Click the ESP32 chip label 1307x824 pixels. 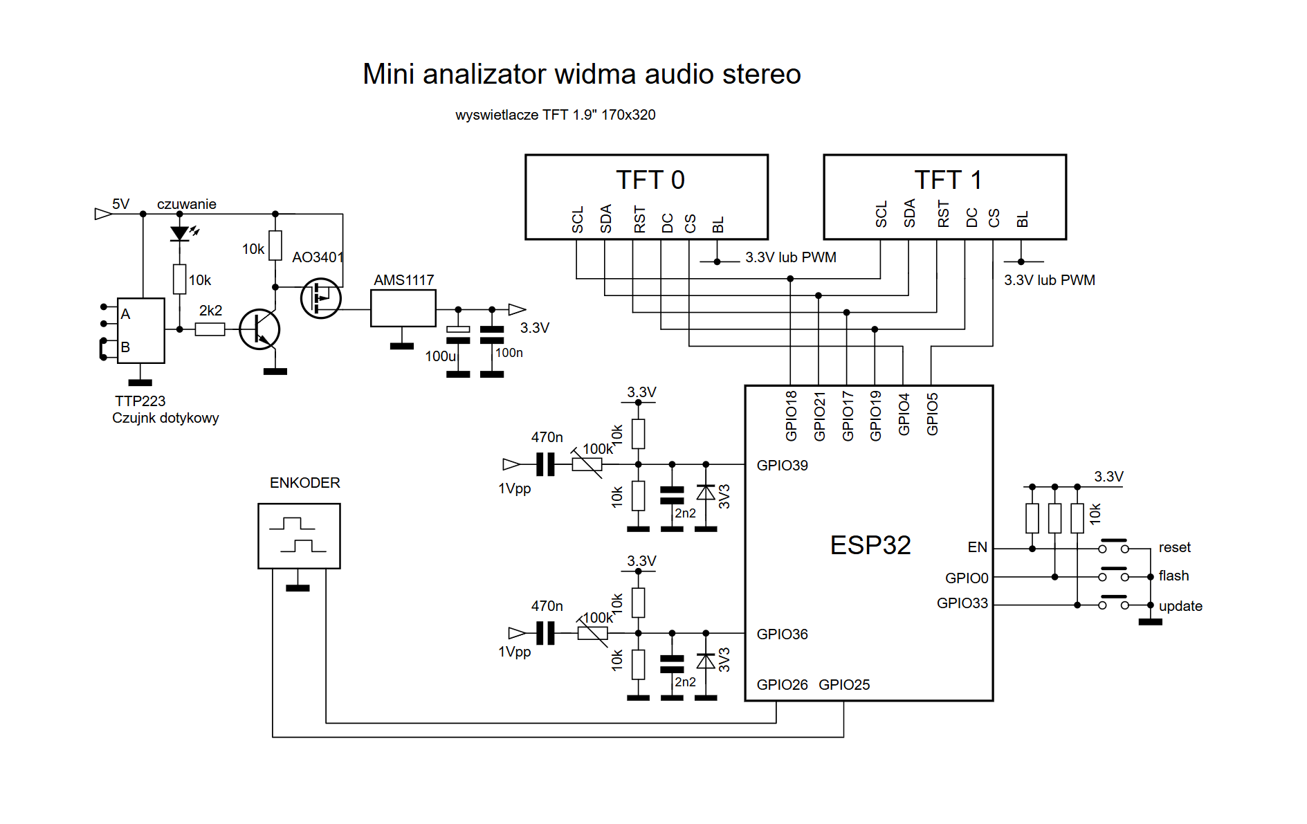(x=870, y=545)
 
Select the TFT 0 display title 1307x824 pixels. (x=650, y=180)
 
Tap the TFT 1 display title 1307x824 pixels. (x=948, y=180)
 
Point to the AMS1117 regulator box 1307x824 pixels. (x=403, y=308)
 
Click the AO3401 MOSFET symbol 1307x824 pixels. (x=321, y=298)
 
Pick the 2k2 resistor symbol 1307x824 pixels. (x=210, y=329)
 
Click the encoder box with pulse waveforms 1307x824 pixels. (x=299, y=536)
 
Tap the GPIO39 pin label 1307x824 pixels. (x=782, y=466)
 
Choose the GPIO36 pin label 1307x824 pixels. (x=782, y=634)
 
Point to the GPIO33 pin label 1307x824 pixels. (x=962, y=603)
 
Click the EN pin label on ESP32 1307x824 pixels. (x=978, y=547)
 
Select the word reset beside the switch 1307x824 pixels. (x=1175, y=547)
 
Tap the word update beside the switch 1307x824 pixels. (x=1180, y=606)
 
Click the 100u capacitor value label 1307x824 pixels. (x=441, y=356)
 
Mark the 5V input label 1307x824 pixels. (x=121, y=204)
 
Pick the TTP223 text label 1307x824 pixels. (x=140, y=401)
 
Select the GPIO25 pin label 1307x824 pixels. (x=844, y=685)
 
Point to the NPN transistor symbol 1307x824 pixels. (x=259, y=329)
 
